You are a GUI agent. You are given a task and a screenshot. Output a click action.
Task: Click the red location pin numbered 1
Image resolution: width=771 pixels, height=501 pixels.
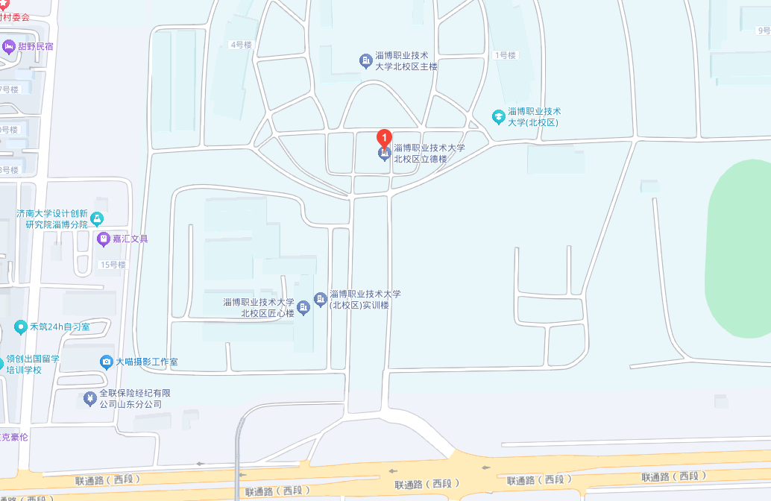pyautogui.click(x=384, y=139)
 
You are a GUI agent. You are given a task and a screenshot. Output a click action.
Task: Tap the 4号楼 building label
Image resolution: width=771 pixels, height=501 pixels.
pyautogui.click(x=241, y=45)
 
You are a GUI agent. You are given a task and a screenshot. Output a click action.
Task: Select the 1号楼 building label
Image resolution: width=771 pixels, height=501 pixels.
pyautogui.click(x=505, y=55)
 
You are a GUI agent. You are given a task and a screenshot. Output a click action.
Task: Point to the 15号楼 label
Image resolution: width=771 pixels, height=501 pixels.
pyautogui.click(x=113, y=265)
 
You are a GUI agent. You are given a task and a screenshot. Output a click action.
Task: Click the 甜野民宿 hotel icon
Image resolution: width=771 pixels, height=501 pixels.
pyautogui.click(x=9, y=47)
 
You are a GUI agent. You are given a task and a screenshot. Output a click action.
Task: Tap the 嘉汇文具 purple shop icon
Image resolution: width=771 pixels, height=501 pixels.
pyautogui.click(x=104, y=239)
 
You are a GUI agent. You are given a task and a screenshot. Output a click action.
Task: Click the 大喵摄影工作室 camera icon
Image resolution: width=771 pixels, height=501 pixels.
pyautogui.click(x=107, y=362)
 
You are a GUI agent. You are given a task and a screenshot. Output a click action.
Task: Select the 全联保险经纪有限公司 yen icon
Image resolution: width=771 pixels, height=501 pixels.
pyautogui.click(x=90, y=399)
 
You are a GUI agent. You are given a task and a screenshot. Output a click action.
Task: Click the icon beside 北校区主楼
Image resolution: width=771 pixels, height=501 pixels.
pyautogui.click(x=365, y=61)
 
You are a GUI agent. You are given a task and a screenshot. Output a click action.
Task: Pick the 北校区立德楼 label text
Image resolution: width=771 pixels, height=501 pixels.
pyautogui.click(x=429, y=153)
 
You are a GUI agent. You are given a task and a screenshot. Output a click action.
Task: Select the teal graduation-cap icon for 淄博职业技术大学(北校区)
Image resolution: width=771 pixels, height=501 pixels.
pyautogui.click(x=499, y=116)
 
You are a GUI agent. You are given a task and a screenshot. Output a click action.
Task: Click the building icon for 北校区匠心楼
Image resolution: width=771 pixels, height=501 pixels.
pyautogui.click(x=303, y=307)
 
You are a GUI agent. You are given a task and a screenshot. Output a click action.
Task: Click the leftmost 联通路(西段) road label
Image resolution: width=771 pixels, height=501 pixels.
pyautogui.click(x=107, y=479)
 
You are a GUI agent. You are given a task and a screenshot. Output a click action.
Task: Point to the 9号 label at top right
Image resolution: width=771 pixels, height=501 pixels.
pyautogui.click(x=764, y=31)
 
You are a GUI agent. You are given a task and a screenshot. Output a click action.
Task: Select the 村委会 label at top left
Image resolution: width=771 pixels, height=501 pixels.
pyautogui.click(x=15, y=16)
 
